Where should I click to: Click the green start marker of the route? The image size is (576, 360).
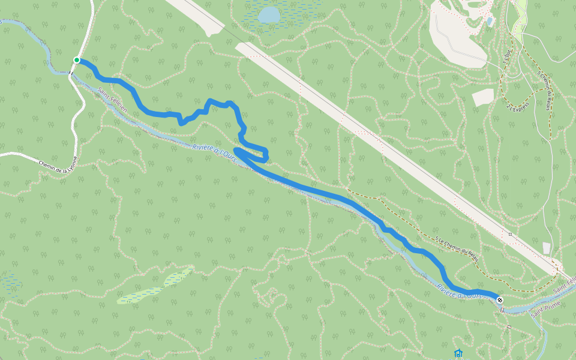point(77,60)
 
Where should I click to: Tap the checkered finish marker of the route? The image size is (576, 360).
point(500,299)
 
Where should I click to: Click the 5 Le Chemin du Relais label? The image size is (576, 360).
point(457,248)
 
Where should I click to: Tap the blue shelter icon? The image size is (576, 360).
point(459,353)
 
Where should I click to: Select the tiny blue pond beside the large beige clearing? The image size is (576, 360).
point(490,22)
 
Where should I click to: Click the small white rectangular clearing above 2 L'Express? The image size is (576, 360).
point(483,97)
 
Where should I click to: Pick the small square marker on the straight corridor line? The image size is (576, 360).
point(510,234)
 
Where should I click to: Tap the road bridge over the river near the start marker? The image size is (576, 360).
point(71,73)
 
